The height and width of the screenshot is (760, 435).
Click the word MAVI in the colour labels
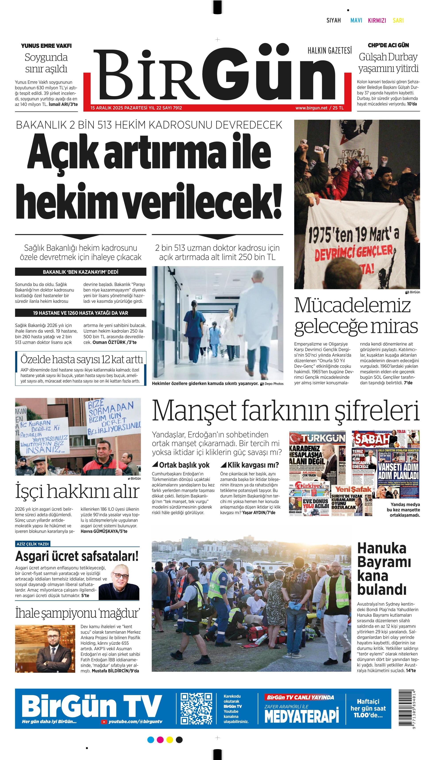coord(356,20)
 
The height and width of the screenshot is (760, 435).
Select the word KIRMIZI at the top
coord(377,20)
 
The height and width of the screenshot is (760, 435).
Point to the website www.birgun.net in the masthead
coord(311,108)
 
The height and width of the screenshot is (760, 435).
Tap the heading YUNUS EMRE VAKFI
coord(46,46)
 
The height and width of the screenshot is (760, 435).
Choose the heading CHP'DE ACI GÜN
coord(388,45)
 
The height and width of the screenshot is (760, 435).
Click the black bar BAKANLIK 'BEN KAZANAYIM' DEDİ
coord(81,272)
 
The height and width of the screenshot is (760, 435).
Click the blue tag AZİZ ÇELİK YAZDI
coord(33,544)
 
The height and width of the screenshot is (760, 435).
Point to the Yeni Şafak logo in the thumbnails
coord(353,489)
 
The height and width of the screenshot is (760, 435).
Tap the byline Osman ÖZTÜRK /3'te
coord(114,342)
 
